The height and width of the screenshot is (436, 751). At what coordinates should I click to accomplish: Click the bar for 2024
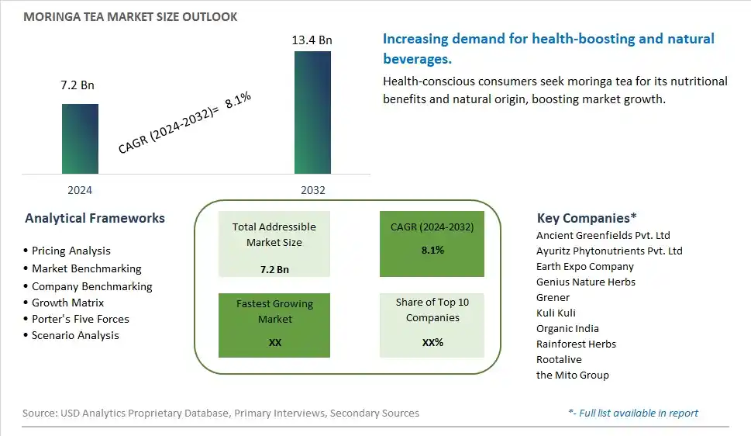[80, 139]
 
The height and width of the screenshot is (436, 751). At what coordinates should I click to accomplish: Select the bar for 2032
[312, 112]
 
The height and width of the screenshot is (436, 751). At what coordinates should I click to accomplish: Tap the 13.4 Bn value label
[312, 40]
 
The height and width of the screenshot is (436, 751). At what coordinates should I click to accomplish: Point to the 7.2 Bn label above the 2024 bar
[78, 85]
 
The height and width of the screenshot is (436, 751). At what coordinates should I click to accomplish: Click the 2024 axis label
[80, 190]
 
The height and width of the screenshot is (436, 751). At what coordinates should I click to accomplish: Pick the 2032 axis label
[313, 190]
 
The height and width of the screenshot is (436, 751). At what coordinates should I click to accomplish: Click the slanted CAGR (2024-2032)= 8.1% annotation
[184, 123]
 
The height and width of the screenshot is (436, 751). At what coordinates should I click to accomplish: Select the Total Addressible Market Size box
[274, 244]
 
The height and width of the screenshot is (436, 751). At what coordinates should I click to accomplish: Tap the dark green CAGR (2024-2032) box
[432, 244]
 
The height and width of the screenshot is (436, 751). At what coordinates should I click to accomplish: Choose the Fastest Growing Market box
[274, 325]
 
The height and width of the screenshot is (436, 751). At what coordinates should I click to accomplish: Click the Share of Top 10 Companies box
[432, 325]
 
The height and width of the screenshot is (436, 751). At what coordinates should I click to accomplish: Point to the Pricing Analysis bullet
[67, 251]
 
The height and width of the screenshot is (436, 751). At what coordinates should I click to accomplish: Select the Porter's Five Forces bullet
[76, 319]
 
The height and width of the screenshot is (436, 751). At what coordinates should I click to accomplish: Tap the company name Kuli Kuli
[556, 313]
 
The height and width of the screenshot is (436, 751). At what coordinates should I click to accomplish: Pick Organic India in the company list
[567, 329]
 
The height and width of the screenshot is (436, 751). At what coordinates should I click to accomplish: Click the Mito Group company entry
[572, 375]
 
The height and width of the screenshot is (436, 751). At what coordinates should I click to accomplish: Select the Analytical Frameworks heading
[95, 218]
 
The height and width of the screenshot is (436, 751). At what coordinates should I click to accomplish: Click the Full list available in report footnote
[633, 413]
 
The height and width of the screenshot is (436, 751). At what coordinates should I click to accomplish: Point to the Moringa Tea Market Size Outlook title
[130, 17]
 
